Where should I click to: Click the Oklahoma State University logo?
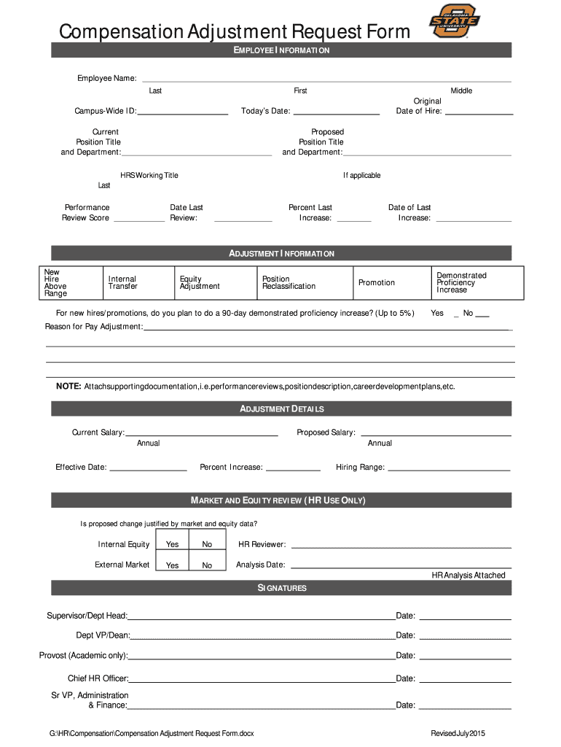[x=454, y=21]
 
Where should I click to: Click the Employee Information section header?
[x=281, y=50]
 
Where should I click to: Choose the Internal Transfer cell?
[x=138, y=283]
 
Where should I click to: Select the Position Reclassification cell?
[x=305, y=283]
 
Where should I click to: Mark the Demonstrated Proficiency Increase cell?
[x=476, y=283]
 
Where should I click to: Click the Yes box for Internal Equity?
[x=172, y=544]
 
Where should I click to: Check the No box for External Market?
[x=207, y=565]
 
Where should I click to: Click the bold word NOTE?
[x=68, y=386]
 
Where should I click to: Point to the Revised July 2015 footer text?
[x=458, y=732]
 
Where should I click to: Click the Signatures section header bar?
[x=281, y=588]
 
